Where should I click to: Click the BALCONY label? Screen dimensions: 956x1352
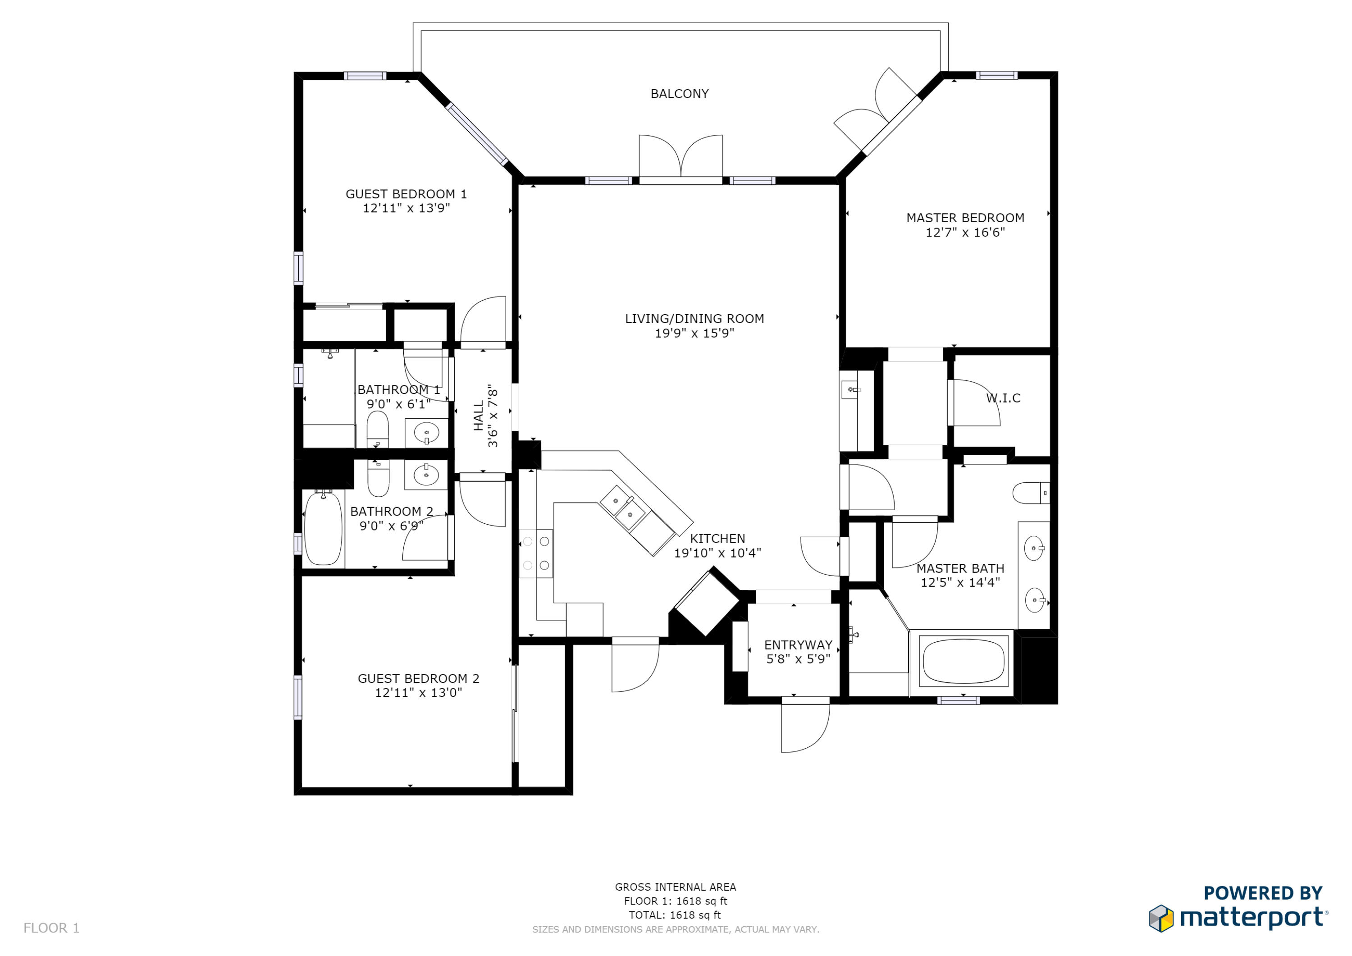coord(679,94)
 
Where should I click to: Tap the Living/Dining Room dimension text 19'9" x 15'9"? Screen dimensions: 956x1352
coord(694,334)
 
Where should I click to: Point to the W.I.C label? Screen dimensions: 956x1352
coord(1003,398)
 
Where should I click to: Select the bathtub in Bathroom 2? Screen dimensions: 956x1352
coord(323,528)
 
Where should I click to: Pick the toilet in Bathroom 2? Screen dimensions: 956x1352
coord(378,478)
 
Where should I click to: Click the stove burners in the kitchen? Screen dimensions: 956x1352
coord(536,553)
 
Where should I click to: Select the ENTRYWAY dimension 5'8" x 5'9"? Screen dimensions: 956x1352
coord(798,659)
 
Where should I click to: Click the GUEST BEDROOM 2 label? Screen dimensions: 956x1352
coord(418,678)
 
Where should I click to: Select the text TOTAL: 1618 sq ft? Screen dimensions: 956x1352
coord(675,915)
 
